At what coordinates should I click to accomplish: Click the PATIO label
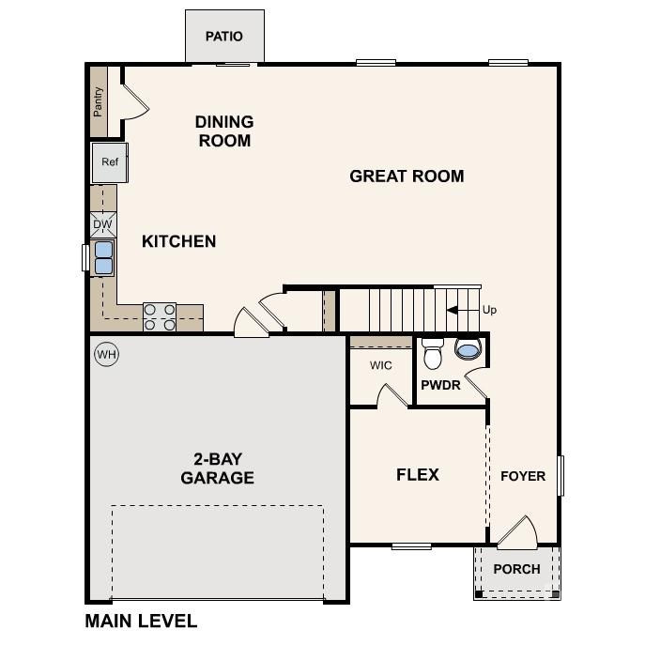point(224,37)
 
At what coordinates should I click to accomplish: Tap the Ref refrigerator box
point(110,162)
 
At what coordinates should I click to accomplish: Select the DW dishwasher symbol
point(103,224)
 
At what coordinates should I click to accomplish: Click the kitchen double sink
point(102,256)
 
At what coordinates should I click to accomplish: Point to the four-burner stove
point(160,316)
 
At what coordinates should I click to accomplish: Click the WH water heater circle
point(107,355)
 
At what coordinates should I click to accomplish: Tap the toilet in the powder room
point(433,353)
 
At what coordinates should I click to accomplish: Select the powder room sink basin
point(467,350)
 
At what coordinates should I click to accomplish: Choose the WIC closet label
point(380,365)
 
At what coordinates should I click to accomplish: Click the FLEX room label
point(418,474)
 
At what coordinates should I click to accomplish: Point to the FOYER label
point(522,476)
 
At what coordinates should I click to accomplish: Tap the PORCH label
point(516,569)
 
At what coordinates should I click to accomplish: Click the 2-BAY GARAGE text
point(218,468)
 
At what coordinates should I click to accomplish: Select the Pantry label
point(98,101)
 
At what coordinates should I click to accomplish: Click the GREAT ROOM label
point(407,176)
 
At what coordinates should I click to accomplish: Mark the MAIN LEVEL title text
point(141,621)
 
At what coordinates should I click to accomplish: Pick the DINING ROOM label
point(224,131)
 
